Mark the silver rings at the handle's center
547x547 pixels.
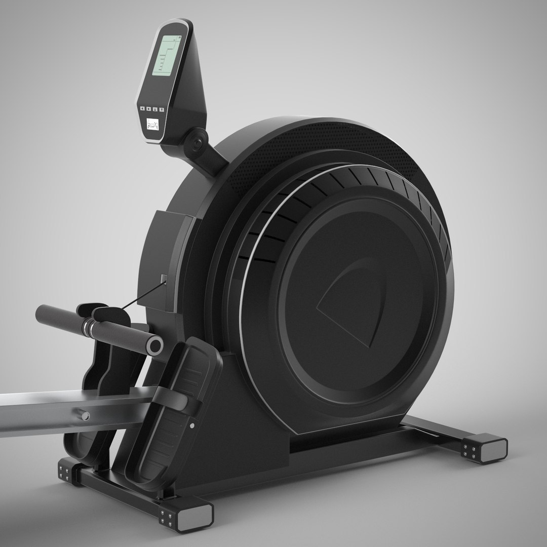90,327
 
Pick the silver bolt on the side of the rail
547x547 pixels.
86,416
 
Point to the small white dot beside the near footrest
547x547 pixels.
192,425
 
